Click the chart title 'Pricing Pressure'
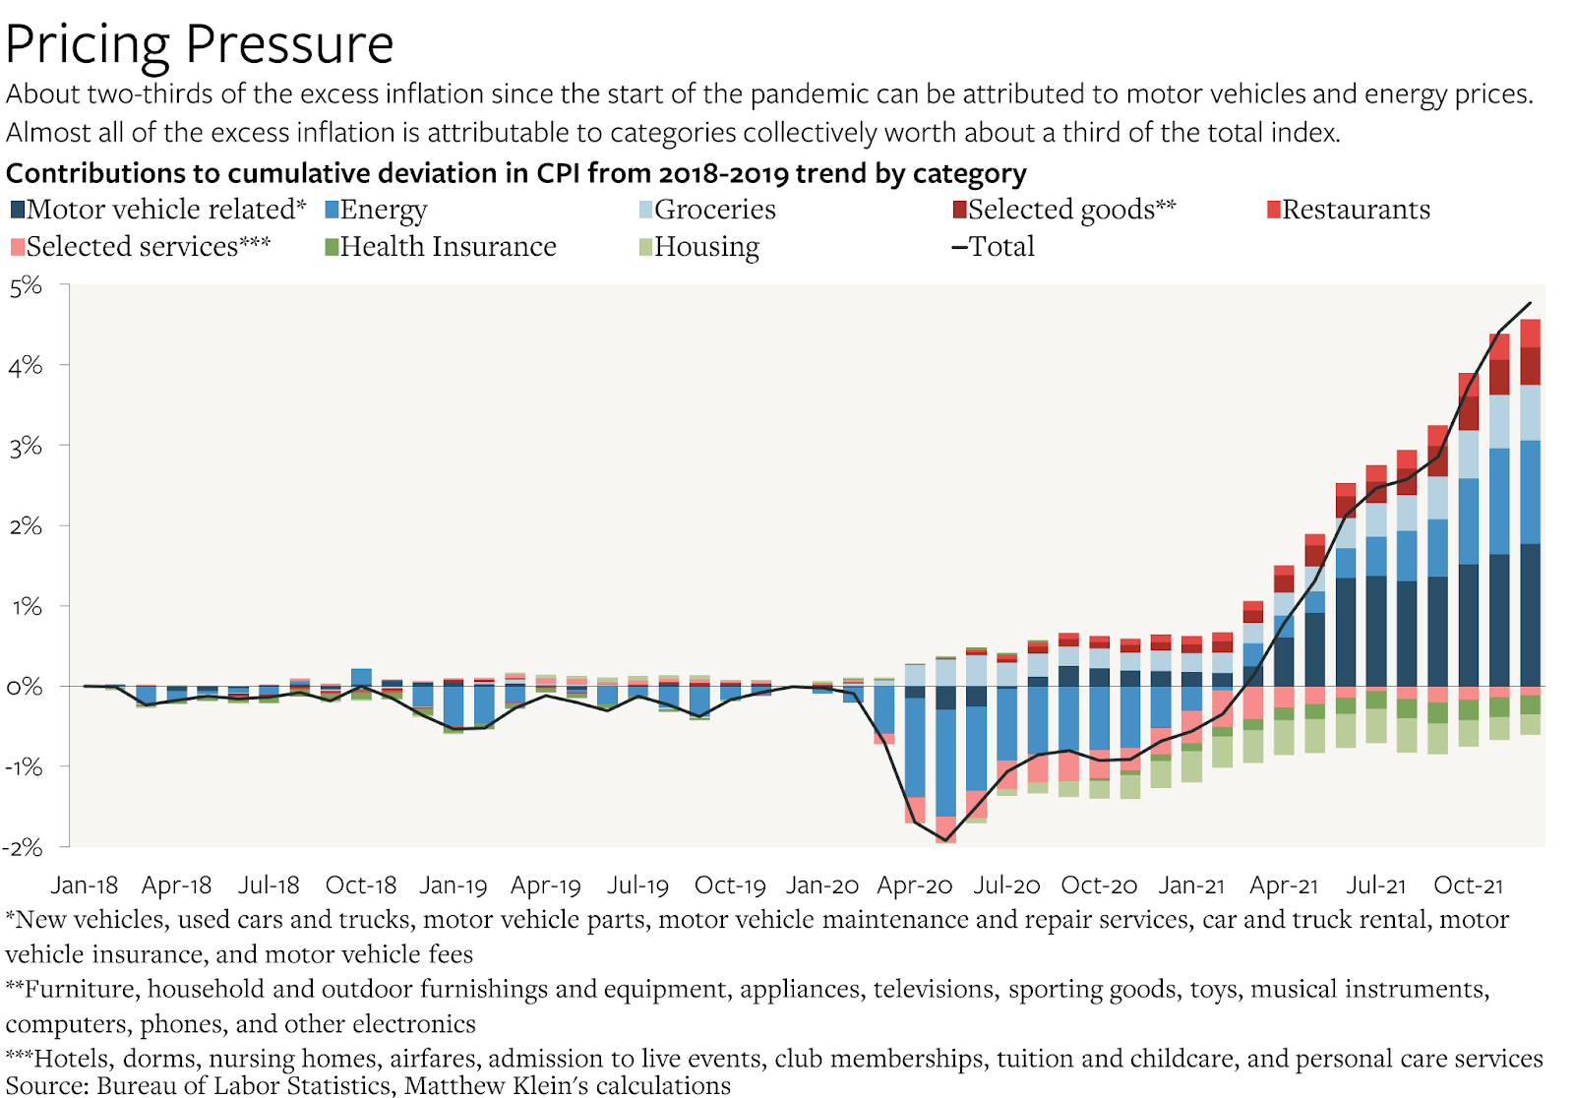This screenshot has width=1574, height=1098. point(200,44)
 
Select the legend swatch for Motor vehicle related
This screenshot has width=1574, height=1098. point(18,210)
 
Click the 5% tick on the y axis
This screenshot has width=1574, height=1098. point(27,286)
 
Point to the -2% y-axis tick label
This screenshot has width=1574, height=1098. point(24,847)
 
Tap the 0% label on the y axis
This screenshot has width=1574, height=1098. point(27,687)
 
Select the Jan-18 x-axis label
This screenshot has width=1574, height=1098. point(85,885)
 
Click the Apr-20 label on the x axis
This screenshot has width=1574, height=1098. point(915,885)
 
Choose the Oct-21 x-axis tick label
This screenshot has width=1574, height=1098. point(1468,885)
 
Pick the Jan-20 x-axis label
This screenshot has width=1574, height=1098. point(822,885)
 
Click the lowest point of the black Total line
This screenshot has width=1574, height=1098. point(945,840)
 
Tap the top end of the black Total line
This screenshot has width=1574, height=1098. point(1531,303)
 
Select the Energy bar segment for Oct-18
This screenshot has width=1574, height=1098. point(361,677)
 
